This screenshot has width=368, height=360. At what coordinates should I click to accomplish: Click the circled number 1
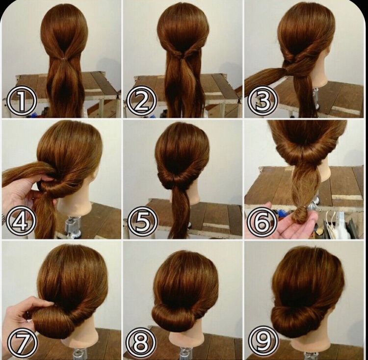click(x=22, y=102)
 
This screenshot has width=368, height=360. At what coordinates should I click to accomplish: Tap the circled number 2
click(x=141, y=101)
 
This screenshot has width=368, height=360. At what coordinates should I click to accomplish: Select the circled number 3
click(x=263, y=102)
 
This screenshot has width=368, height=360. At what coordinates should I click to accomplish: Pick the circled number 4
click(x=21, y=221)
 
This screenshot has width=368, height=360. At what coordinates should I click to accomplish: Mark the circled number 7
click(x=22, y=343)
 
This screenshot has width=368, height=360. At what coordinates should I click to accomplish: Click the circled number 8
click(x=141, y=343)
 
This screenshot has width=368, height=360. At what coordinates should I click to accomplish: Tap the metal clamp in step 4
click(x=72, y=226)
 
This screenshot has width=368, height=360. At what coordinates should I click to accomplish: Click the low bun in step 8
click(x=173, y=315)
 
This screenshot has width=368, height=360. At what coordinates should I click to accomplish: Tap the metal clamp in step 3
click(x=316, y=99)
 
